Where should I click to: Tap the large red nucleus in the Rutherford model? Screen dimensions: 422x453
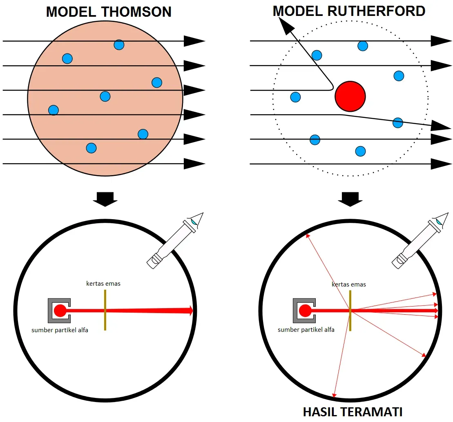click(x=350, y=96)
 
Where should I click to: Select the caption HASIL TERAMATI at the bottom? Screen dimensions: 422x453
click(x=353, y=412)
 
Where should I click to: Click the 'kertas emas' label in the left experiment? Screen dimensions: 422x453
click(x=103, y=284)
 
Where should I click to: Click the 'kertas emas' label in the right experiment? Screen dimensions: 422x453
click(x=349, y=284)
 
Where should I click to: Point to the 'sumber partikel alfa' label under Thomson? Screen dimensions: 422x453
click(x=60, y=330)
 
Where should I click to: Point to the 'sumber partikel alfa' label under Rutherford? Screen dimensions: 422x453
click(x=306, y=329)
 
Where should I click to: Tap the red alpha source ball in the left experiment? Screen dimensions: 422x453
click(x=60, y=311)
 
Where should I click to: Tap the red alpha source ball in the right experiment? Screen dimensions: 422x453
click(x=305, y=311)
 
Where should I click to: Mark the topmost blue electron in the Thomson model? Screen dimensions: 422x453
click(x=119, y=44)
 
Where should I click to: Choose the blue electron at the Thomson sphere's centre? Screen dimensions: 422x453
click(x=105, y=96)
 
